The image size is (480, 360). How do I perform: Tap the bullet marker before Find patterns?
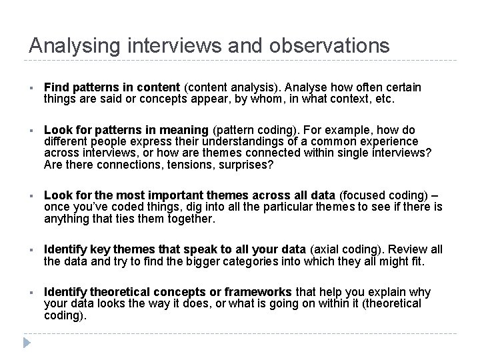tap(31, 89)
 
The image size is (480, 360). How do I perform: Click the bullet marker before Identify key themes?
tap(31, 250)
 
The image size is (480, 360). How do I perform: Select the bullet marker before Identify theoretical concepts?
tap(31, 293)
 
